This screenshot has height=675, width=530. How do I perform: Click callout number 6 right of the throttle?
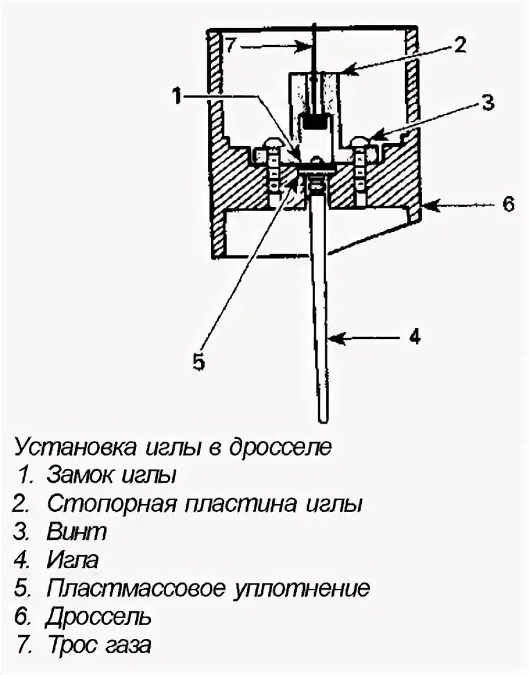(x=508, y=205)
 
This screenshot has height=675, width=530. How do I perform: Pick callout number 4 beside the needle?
(x=414, y=337)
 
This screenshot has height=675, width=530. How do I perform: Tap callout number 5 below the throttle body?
(x=199, y=362)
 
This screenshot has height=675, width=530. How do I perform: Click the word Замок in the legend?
(x=78, y=476)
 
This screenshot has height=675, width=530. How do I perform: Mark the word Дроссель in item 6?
(x=99, y=617)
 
